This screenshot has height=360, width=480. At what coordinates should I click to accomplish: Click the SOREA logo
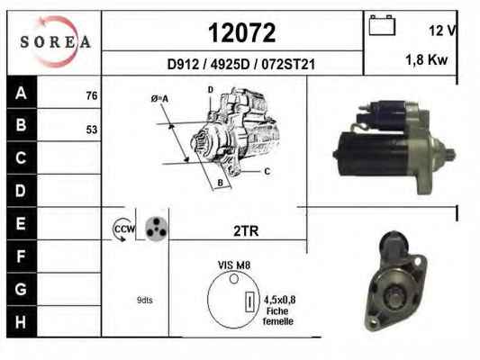[x=55, y=41]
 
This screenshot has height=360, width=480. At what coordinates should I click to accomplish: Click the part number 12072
[x=242, y=32]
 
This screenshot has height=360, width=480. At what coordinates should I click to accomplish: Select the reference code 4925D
[x=230, y=64]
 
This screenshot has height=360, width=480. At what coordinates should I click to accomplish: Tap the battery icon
[x=382, y=25]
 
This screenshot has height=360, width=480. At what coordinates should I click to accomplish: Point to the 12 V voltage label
[x=443, y=31]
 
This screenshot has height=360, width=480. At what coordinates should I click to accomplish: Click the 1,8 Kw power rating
[x=427, y=59]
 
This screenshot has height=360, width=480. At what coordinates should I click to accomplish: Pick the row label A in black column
[x=21, y=93]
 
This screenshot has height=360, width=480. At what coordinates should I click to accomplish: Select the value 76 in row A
[x=92, y=95]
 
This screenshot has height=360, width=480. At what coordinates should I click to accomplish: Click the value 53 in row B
[x=92, y=130]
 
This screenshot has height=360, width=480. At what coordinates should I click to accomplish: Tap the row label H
[x=21, y=322]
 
